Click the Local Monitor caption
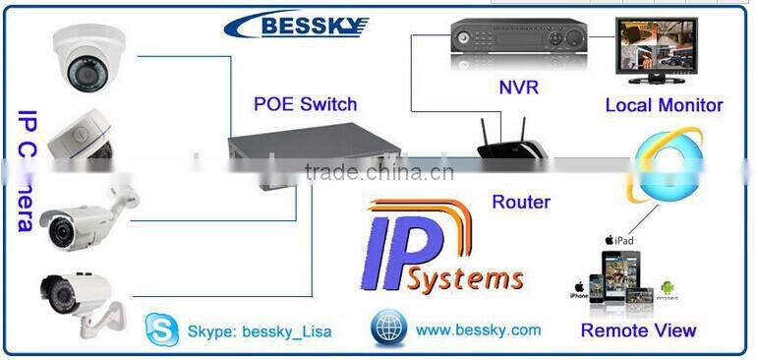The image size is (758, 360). (664, 104)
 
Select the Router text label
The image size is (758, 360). (520, 203)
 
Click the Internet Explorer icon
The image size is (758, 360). (667, 165)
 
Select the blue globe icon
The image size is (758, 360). (388, 328)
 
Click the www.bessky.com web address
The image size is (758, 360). (478, 330)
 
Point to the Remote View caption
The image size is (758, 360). (637, 330)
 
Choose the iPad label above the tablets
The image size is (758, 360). (622, 239)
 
